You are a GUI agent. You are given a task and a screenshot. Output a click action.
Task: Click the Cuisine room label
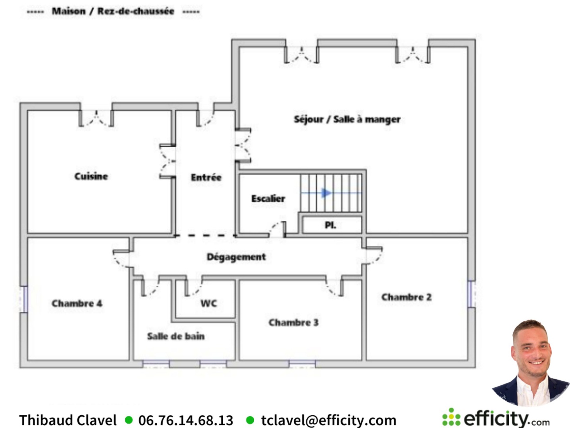click(x=91, y=176)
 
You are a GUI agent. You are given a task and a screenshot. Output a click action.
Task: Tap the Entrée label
click(x=206, y=177)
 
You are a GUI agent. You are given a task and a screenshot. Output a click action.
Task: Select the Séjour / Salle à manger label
click(x=347, y=119)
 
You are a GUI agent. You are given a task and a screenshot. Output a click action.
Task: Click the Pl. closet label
click(x=331, y=225)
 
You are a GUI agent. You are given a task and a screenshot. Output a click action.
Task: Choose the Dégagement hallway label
click(x=236, y=257)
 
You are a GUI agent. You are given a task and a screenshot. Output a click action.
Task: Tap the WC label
click(x=209, y=303)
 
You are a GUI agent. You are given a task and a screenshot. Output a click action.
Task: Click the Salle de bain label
click(x=176, y=336)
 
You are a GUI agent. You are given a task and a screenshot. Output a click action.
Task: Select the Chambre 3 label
click(x=294, y=322)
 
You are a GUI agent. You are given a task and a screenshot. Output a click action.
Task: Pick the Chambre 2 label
click(x=407, y=297)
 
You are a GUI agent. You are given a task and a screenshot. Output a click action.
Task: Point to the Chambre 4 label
click(x=77, y=303)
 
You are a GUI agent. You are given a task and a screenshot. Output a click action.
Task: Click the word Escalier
click(x=268, y=199)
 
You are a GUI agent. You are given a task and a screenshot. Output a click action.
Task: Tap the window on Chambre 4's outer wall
click(x=24, y=299)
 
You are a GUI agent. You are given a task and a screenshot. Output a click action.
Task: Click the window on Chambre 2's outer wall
click(x=472, y=294)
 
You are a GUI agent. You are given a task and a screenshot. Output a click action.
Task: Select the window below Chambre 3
click(x=302, y=364)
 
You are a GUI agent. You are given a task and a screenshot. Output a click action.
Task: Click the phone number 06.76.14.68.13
click(x=186, y=420)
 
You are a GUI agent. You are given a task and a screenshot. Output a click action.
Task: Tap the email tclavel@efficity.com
click(x=329, y=420)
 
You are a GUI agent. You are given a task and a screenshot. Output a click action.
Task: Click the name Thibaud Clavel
click(x=68, y=420)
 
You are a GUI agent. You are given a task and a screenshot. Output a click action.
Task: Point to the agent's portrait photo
click(x=531, y=363)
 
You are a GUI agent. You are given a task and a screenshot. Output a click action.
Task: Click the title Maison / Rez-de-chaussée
click(x=113, y=11)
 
